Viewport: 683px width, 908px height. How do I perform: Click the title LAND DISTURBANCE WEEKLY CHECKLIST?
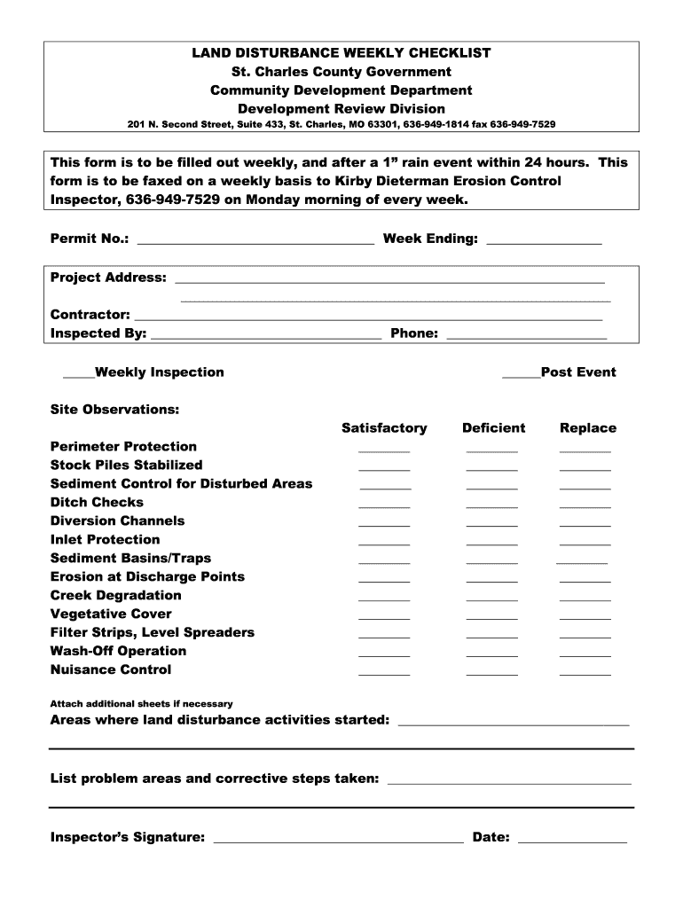pos(341,53)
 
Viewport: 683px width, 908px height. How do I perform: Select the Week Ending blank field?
pos(544,241)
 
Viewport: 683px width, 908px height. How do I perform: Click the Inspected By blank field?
pos(266,337)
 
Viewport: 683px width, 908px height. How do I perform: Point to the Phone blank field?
pos(526,337)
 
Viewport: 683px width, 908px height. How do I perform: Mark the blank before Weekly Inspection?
pos(78,376)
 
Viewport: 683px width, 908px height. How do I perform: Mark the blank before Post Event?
pos(521,376)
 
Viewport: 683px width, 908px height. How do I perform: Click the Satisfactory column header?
pos(384,428)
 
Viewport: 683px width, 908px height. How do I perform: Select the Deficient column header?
pos(493,428)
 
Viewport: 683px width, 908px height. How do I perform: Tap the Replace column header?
pos(587,428)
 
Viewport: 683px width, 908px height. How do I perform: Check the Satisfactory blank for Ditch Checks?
pos(384,505)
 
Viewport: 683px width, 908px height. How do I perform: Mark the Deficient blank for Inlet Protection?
pos(491,543)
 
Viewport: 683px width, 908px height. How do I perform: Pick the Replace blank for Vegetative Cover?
pos(585,617)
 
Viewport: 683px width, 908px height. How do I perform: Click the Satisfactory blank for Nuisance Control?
pos(384,673)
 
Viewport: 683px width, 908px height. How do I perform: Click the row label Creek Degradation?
pos(115,595)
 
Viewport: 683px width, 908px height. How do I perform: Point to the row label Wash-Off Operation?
pos(118,651)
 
